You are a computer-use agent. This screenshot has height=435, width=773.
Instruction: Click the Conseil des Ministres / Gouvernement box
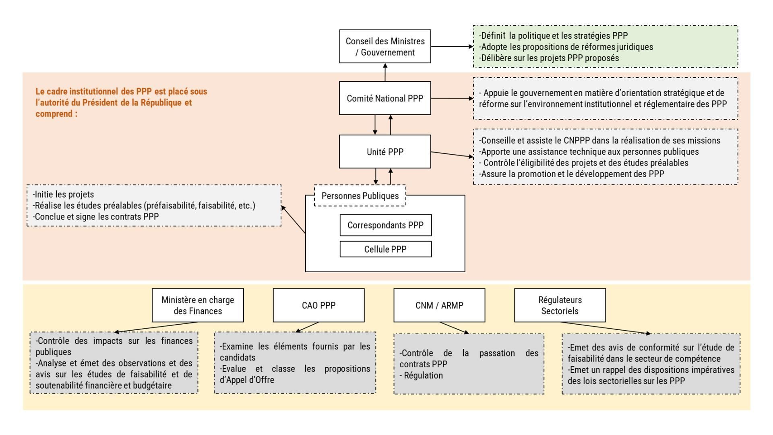point(385,46)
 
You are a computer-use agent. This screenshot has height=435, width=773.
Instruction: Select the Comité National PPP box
point(385,98)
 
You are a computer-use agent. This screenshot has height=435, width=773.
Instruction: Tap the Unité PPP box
point(385,152)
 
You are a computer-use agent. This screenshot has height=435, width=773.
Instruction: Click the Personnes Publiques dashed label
point(360,196)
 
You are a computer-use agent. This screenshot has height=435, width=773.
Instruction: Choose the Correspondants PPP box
point(386,225)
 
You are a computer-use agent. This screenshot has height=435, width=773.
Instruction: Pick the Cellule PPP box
point(386,249)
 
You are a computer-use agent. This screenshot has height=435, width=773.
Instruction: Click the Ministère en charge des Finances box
point(198,305)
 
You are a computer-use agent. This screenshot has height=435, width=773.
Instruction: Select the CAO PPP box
point(318,305)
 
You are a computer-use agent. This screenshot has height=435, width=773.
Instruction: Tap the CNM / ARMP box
point(439,305)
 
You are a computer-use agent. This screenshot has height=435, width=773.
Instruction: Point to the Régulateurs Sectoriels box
point(560,305)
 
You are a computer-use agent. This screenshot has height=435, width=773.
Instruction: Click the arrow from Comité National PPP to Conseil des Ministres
point(385,72)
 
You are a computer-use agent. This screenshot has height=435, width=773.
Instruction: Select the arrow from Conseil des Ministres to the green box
point(452,46)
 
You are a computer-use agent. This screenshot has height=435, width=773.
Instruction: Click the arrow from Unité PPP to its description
point(453,154)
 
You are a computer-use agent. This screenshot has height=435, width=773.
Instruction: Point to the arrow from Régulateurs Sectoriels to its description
point(606,328)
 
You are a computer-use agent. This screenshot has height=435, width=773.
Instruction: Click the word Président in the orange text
point(99,102)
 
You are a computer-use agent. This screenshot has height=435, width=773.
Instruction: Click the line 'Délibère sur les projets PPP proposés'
point(549,58)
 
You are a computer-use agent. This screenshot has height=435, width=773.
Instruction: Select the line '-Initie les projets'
point(63,195)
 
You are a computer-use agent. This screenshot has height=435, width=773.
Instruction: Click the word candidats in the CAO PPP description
point(238,358)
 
